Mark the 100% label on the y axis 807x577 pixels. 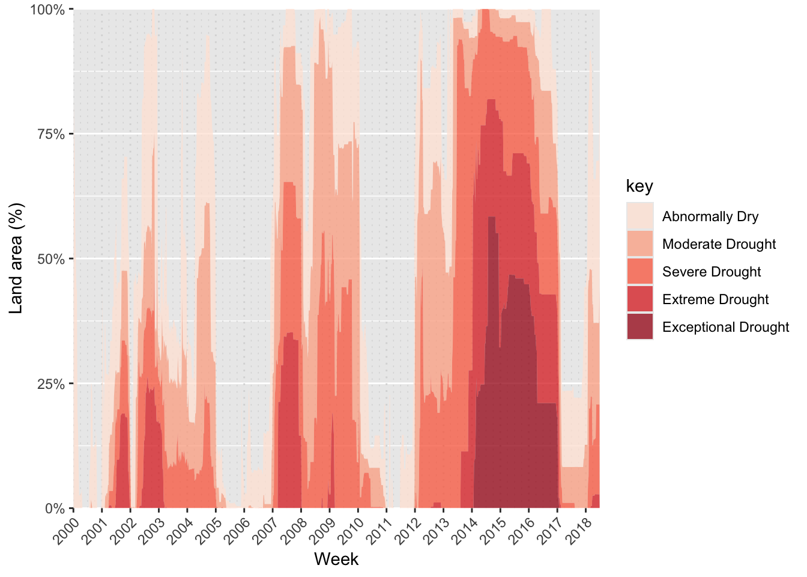(x=47, y=10)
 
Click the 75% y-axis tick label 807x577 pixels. (x=51, y=134)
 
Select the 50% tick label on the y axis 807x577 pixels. (x=51, y=259)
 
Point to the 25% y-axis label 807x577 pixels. (x=51, y=383)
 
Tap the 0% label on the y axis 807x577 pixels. (x=55, y=508)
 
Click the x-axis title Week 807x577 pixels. (x=336, y=560)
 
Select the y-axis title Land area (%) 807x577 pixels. (x=16, y=258)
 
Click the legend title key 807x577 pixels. (x=639, y=186)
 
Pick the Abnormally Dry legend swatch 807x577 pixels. (x=639, y=216)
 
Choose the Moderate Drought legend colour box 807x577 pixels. (x=639, y=244)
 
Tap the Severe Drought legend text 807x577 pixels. (x=712, y=272)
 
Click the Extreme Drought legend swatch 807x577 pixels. (x=639, y=299)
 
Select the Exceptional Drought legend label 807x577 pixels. (x=725, y=327)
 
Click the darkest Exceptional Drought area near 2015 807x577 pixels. (x=510, y=421)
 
